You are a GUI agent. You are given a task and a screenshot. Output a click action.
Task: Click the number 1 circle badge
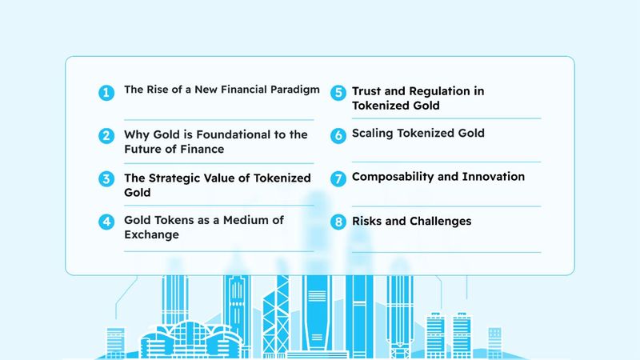coord(106,93)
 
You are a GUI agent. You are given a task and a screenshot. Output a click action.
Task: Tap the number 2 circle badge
coord(106,135)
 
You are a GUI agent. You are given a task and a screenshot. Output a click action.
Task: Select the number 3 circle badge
coord(106,178)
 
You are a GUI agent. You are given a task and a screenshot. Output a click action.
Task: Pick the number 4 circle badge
coord(106,222)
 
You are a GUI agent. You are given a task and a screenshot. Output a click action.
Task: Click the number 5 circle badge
coord(338,93)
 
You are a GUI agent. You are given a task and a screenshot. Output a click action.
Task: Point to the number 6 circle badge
coord(338,135)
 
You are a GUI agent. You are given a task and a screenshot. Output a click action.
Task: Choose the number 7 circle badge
coord(338,178)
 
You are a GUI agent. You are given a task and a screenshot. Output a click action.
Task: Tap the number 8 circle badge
coord(338,222)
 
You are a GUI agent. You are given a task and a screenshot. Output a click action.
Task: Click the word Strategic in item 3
coord(175,178)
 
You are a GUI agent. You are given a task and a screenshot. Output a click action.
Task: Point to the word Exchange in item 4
coord(151,234)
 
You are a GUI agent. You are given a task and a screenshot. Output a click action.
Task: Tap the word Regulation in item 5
coord(439,91)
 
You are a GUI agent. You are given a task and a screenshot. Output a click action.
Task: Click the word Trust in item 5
coord(366,90)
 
